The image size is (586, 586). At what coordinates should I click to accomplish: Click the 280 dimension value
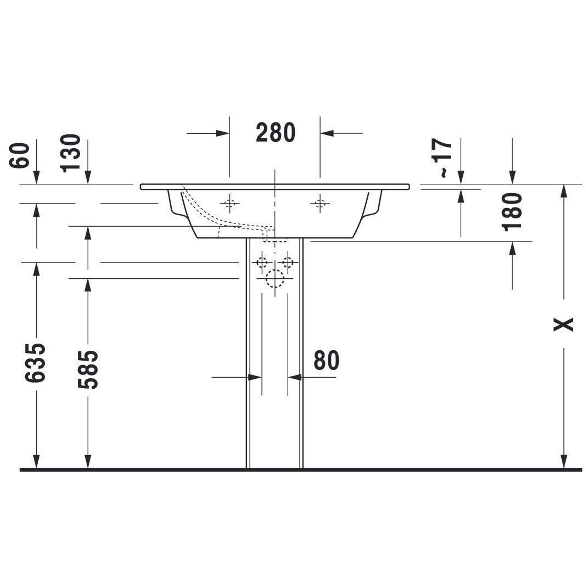pos(275,132)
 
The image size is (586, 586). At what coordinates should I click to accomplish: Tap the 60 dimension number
pos(20,156)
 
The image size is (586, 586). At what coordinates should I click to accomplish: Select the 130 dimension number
pos(71,154)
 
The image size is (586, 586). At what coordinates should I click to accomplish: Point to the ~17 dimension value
pos(442,158)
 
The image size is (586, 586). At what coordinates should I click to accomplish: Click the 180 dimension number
pos(512,212)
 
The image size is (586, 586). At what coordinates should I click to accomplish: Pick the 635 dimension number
pos(35,363)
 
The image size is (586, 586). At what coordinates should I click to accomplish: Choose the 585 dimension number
pos(88,370)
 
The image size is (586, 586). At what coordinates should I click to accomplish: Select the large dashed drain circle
pos(275,278)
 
